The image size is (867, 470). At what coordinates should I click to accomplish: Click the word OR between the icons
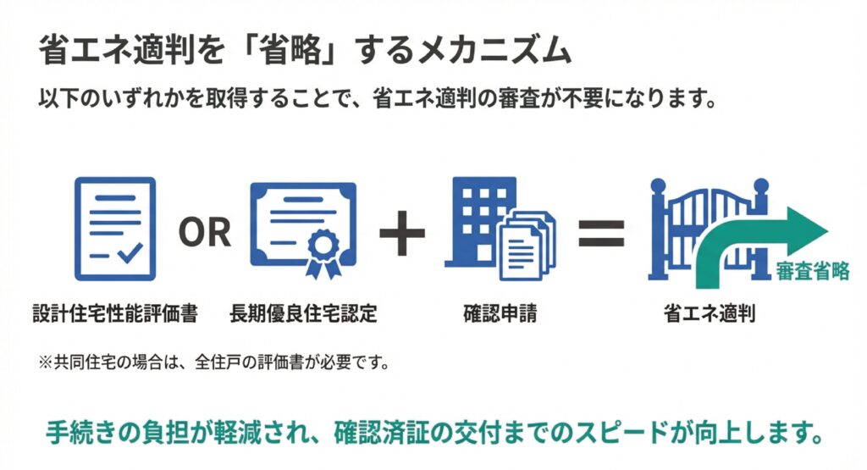(204, 230)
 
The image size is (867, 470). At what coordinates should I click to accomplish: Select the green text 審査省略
(812, 271)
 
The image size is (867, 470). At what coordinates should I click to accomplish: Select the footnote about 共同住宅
(208, 365)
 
